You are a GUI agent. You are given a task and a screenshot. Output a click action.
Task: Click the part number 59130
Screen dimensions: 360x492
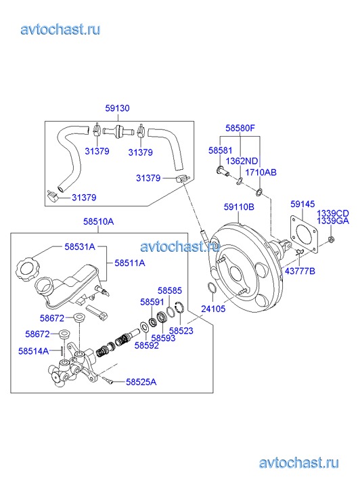117,108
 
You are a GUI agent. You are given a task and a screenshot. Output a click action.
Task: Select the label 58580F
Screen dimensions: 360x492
240,128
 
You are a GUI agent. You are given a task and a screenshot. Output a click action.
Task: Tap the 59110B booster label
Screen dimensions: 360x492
239,207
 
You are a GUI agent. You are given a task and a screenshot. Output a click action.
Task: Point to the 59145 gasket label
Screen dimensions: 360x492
302,204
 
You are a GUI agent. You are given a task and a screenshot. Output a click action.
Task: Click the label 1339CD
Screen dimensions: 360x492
333,214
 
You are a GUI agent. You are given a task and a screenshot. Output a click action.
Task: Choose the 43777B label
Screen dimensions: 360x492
300,271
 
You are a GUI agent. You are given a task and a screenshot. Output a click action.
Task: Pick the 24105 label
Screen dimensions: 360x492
213,309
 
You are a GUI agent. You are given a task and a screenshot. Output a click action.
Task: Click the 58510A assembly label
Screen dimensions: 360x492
99,221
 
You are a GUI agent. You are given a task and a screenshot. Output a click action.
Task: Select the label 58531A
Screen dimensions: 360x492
80,246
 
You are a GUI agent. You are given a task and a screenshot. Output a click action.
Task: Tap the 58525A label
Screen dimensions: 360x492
141,382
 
